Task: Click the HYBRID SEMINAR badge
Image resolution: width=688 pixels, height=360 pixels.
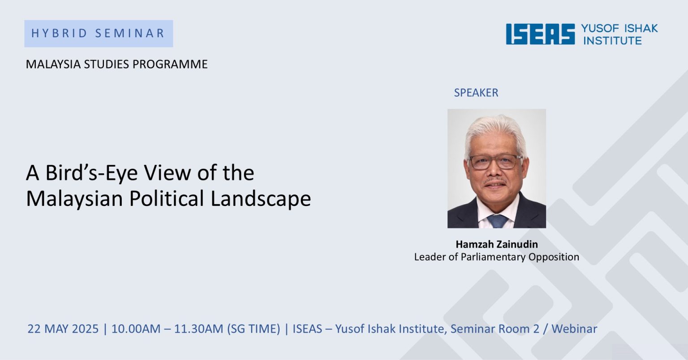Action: point(99,34)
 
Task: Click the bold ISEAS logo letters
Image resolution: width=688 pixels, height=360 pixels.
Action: point(540,34)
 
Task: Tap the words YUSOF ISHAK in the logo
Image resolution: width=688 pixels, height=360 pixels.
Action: point(619,28)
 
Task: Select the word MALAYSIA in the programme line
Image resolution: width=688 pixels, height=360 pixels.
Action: point(53,64)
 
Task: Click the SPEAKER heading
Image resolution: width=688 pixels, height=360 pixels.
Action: point(476,93)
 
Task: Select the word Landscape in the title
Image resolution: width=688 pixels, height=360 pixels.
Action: point(261,198)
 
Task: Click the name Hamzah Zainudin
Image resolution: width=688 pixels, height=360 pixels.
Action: point(497,244)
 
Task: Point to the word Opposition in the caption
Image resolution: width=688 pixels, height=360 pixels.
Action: point(554,257)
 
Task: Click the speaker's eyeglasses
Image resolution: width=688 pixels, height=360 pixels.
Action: point(495,162)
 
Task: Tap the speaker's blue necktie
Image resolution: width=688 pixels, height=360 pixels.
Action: point(497,221)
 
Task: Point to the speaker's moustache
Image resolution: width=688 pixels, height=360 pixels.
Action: point(495,181)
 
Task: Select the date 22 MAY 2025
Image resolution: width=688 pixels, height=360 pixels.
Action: point(63,329)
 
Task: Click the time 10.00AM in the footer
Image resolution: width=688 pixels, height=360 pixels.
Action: point(136,329)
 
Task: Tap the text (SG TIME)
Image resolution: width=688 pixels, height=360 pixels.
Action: point(254,329)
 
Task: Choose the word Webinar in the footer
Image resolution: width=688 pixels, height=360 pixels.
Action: point(574,329)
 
